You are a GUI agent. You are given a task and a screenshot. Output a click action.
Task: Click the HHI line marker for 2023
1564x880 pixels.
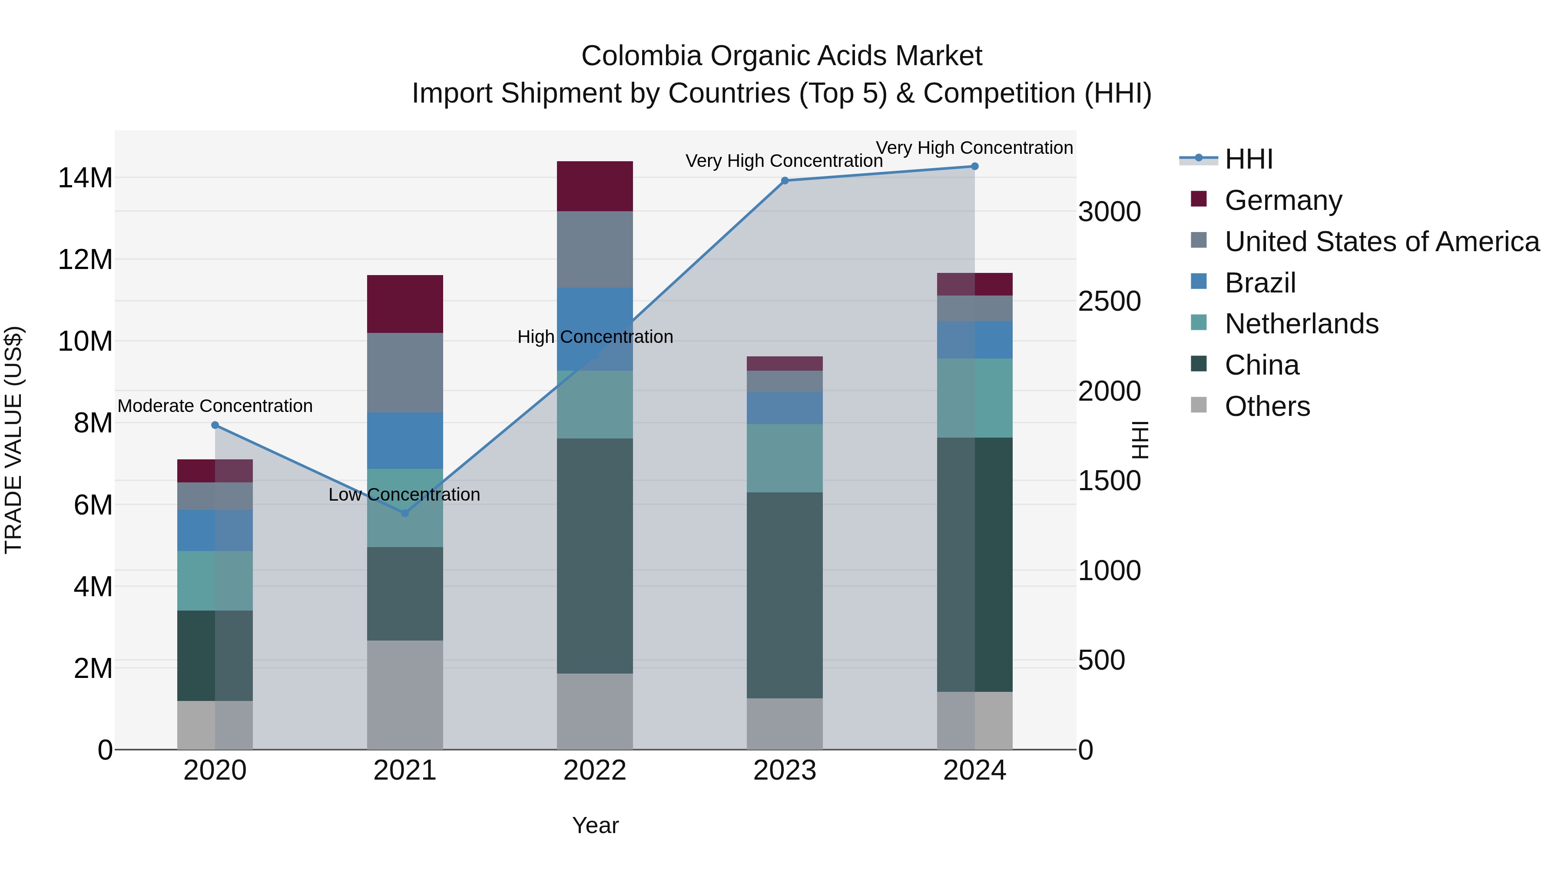point(785,180)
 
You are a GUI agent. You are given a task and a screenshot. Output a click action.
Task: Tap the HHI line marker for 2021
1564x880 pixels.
point(405,513)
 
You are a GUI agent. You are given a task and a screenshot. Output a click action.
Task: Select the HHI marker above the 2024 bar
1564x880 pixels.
point(974,166)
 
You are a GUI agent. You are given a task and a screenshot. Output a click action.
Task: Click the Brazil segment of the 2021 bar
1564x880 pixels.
point(405,440)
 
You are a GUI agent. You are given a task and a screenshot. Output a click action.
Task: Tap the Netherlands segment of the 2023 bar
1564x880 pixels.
point(785,458)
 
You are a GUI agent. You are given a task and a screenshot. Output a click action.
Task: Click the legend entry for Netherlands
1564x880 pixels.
point(1301,324)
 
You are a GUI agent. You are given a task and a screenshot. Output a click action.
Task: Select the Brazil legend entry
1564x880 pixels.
point(1260,283)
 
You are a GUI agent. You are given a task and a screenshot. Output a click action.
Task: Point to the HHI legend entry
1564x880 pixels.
point(1248,159)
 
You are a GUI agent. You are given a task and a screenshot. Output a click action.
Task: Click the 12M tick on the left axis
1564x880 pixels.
point(85,259)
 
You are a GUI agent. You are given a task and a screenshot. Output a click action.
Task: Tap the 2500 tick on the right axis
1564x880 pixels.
point(1109,301)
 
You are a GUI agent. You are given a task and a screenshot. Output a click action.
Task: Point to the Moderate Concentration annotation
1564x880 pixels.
point(215,406)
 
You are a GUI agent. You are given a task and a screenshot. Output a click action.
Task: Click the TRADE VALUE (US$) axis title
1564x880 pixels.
point(13,440)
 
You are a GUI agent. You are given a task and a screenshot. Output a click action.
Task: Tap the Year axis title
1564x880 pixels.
point(595,825)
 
